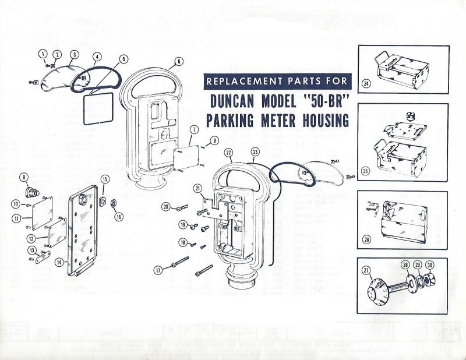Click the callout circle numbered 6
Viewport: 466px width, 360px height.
click(x=178, y=61)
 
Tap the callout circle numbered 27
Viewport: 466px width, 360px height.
click(x=366, y=270)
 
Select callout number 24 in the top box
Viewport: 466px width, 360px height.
click(x=366, y=83)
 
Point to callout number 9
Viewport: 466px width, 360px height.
click(x=24, y=177)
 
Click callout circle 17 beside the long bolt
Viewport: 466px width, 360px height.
click(x=157, y=270)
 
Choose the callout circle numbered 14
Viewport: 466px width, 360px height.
click(x=59, y=263)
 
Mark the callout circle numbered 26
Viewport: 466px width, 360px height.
click(x=366, y=239)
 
